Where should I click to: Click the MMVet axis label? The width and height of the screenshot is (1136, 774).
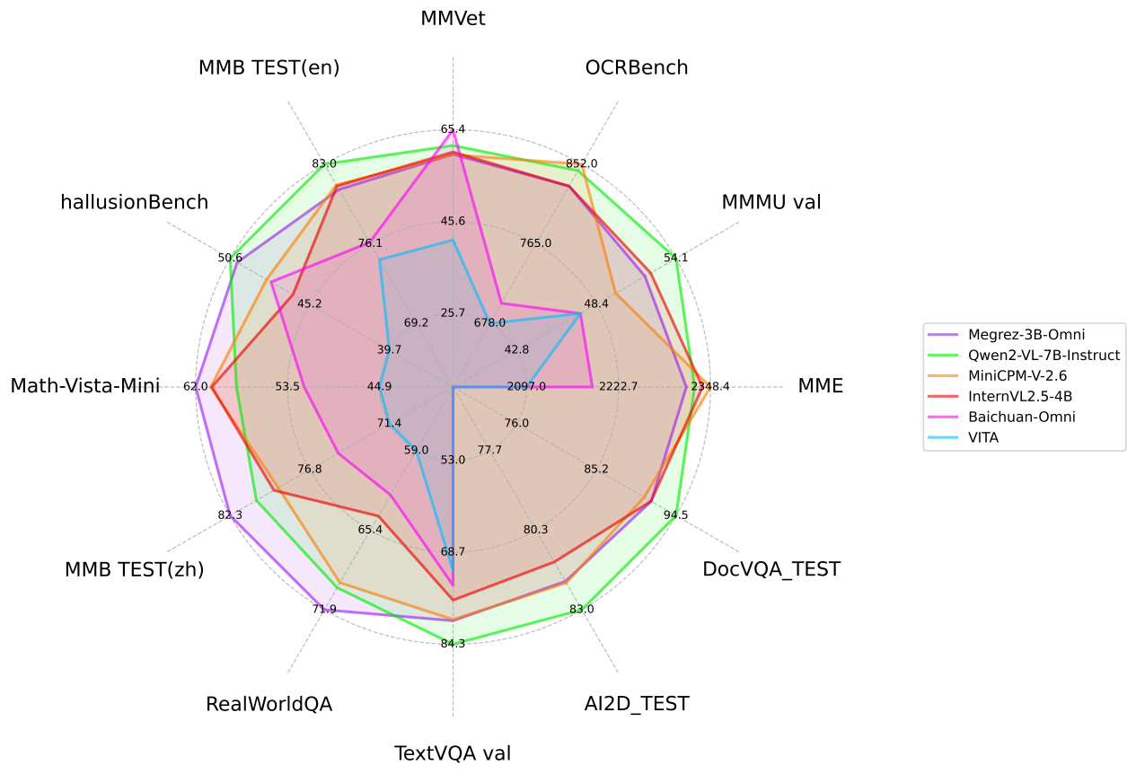(453, 19)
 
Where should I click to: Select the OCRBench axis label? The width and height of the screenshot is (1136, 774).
(636, 67)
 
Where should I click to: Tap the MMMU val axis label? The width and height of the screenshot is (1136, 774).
(771, 202)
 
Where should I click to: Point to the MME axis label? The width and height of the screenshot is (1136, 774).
(820, 387)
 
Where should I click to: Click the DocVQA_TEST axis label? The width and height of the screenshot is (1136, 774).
(771, 569)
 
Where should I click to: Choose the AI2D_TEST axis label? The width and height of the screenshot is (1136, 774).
(636, 704)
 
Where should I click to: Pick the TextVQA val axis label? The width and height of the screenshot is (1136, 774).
(453, 753)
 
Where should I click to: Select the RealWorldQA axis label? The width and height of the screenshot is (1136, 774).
(269, 704)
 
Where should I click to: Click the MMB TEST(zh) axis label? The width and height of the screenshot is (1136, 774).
(134, 569)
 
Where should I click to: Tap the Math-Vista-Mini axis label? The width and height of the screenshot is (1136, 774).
(84, 387)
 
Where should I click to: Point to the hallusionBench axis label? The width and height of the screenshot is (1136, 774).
(134, 202)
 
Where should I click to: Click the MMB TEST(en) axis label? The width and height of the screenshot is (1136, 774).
(269, 67)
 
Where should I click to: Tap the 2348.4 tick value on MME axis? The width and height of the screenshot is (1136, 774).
(710, 387)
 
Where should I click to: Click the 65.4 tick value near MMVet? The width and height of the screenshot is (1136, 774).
(453, 129)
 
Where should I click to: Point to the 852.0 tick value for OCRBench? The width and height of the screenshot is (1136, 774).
(582, 163)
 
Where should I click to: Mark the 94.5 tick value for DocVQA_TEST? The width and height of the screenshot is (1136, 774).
(676, 515)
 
